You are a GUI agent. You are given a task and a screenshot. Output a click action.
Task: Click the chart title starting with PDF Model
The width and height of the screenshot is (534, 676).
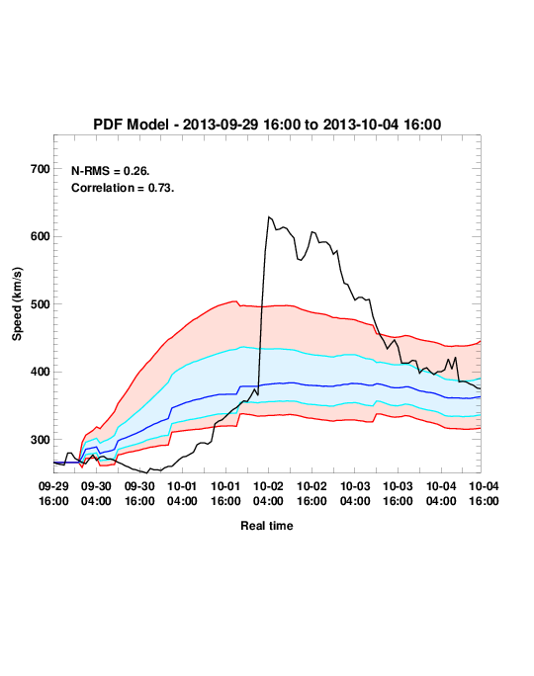[x=267, y=125]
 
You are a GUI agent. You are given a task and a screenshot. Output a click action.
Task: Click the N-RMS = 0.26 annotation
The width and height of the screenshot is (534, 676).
[x=111, y=171]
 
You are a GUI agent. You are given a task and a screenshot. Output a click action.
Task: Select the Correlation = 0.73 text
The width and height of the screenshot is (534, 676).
[x=123, y=188]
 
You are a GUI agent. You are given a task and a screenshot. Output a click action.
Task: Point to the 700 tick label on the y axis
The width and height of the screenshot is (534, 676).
[x=41, y=169]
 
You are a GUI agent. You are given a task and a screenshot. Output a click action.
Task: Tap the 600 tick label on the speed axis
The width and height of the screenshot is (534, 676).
[x=41, y=236]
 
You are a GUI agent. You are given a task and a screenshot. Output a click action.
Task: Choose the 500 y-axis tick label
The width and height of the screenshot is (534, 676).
[x=41, y=304]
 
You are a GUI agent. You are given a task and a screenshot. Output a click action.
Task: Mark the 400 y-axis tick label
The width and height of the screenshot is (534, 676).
[x=41, y=372]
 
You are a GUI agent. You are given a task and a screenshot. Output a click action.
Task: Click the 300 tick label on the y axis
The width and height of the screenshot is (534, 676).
[x=41, y=440]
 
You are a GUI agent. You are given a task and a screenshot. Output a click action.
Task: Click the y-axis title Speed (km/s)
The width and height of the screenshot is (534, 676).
[x=17, y=304]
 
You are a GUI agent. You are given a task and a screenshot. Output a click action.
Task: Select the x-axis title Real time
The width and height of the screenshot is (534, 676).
[x=267, y=526]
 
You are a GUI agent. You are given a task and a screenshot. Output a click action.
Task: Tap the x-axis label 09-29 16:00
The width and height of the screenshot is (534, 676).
[x=53, y=493]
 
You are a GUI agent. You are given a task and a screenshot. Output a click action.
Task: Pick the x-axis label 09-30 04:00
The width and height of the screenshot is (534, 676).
[x=96, y=493]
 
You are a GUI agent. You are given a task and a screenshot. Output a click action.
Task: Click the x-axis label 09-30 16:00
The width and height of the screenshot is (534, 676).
[x=139, y=493]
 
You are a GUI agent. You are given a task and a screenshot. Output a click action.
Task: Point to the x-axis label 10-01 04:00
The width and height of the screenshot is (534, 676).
[x=182, y=493]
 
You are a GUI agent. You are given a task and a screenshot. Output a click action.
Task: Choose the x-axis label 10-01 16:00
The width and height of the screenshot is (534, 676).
[x=225, y=493]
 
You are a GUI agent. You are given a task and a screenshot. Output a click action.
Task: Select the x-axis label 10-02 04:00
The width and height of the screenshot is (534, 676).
[x=268, y=493]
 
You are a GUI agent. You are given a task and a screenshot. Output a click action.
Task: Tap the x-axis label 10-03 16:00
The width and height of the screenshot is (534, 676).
[x=398, y=493]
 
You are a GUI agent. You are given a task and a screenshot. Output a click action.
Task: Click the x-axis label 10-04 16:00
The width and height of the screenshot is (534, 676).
[x=484, y=493]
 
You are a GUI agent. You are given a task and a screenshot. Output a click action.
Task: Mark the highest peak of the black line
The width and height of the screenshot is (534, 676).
[x=269, y=216]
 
